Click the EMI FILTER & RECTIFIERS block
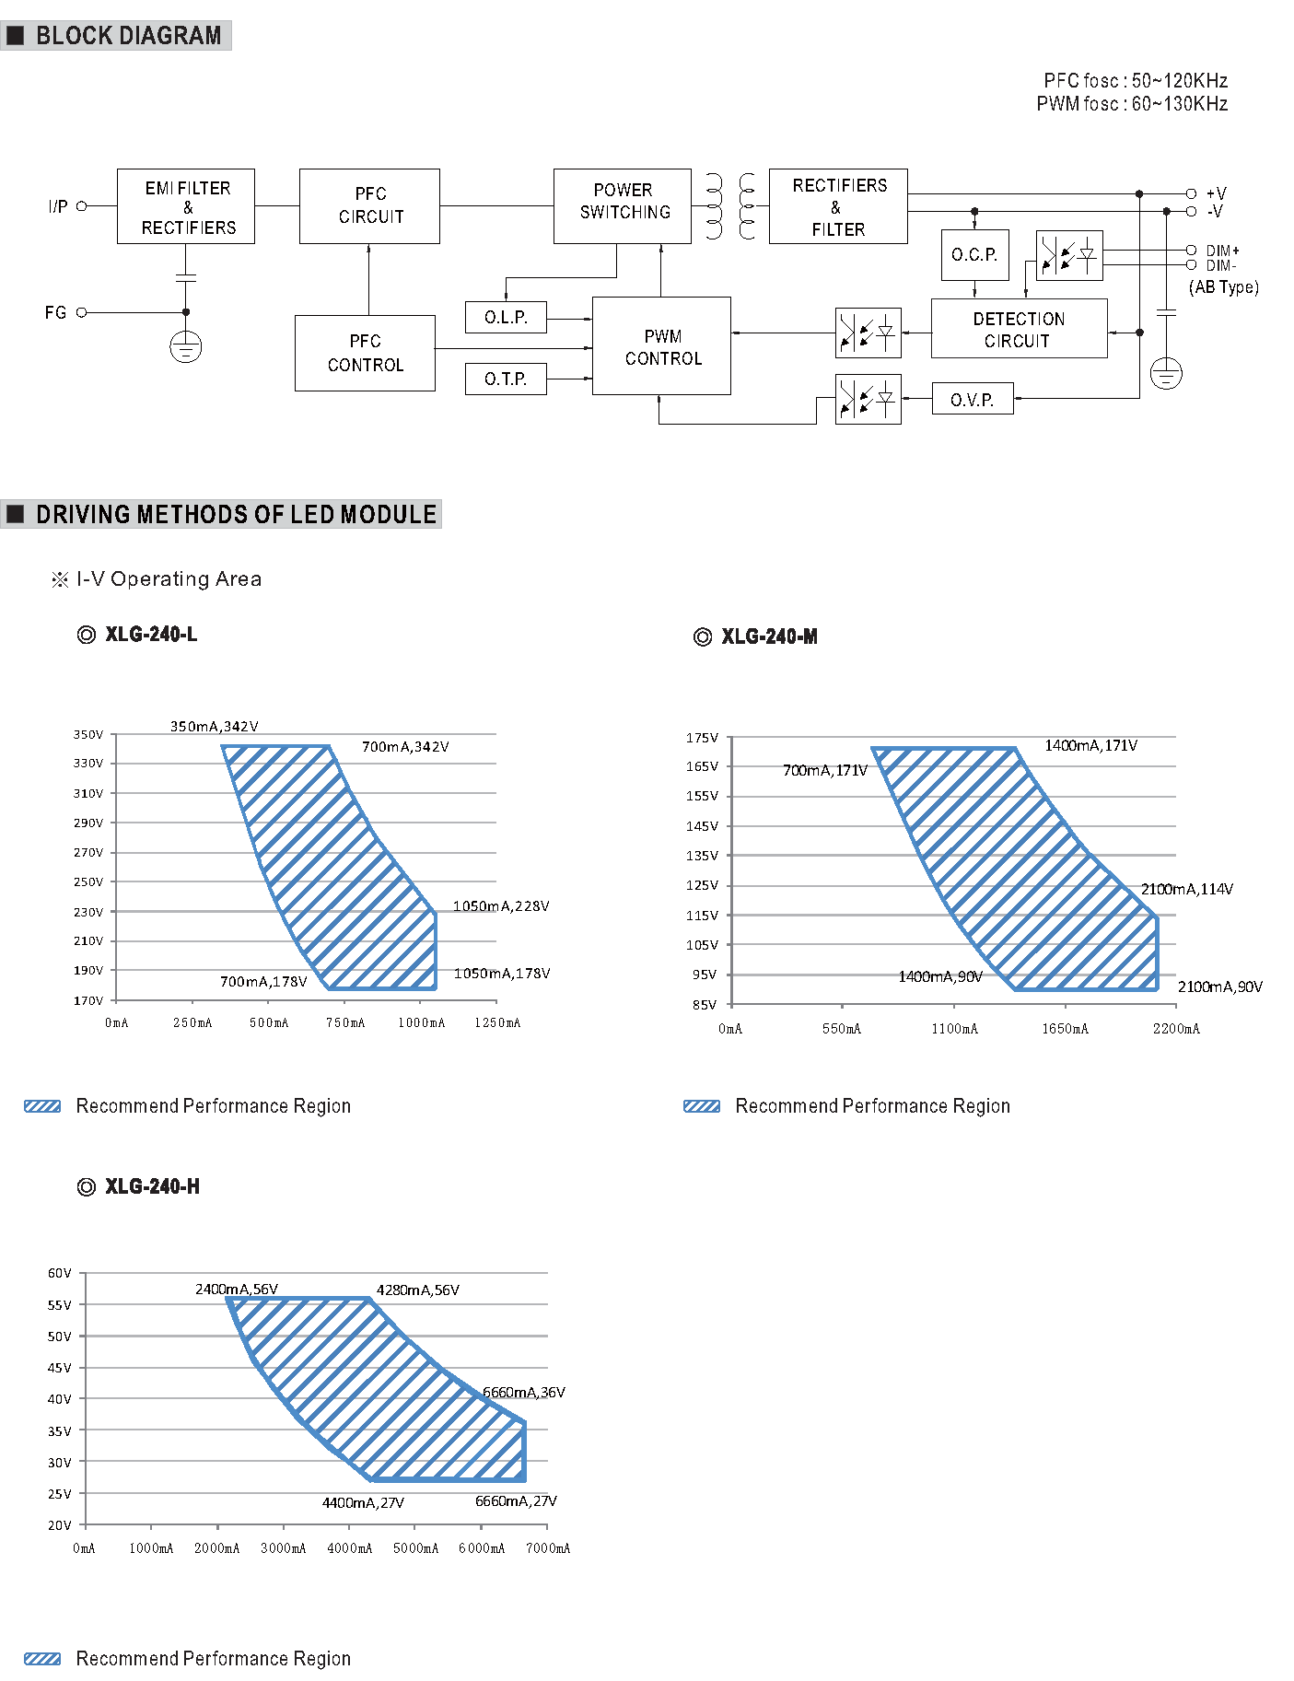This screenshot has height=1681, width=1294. point(186,206)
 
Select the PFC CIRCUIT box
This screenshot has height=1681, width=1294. point(369,206)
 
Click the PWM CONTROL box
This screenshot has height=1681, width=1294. point(661,346)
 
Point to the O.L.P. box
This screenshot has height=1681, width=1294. point(506,318)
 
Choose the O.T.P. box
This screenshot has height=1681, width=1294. point(506,379)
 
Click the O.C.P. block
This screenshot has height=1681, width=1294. point(974,255)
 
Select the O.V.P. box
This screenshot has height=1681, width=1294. point(973,399)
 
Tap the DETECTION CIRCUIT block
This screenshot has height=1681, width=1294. point(1019,329)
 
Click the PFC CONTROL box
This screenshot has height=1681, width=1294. point(365,354)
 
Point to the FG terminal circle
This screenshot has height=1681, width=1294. point(81,312)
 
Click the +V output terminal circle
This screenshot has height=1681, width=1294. point(1191,193)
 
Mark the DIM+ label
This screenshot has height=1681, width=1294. point(1223,251)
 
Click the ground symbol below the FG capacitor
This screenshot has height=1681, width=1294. point(186,347)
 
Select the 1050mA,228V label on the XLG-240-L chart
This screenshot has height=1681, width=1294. point(501,906)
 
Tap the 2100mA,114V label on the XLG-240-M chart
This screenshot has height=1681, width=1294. point(1187,889)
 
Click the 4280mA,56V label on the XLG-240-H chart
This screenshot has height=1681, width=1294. point(418,1290)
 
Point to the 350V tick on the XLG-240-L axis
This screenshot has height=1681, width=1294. point(88,734)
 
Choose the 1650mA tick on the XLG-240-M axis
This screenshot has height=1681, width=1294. point(1066,1029)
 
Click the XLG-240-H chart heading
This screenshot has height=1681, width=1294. point(151,1186)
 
